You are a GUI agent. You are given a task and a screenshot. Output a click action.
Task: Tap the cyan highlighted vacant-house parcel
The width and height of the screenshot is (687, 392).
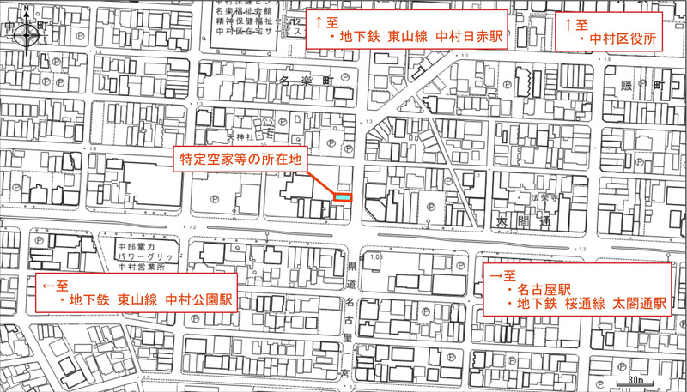coord(342,197)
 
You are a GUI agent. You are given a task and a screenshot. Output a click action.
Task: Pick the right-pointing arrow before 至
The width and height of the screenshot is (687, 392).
coord(495,276)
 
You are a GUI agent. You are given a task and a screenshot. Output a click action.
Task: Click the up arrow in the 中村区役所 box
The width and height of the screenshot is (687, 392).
coord(567,25)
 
